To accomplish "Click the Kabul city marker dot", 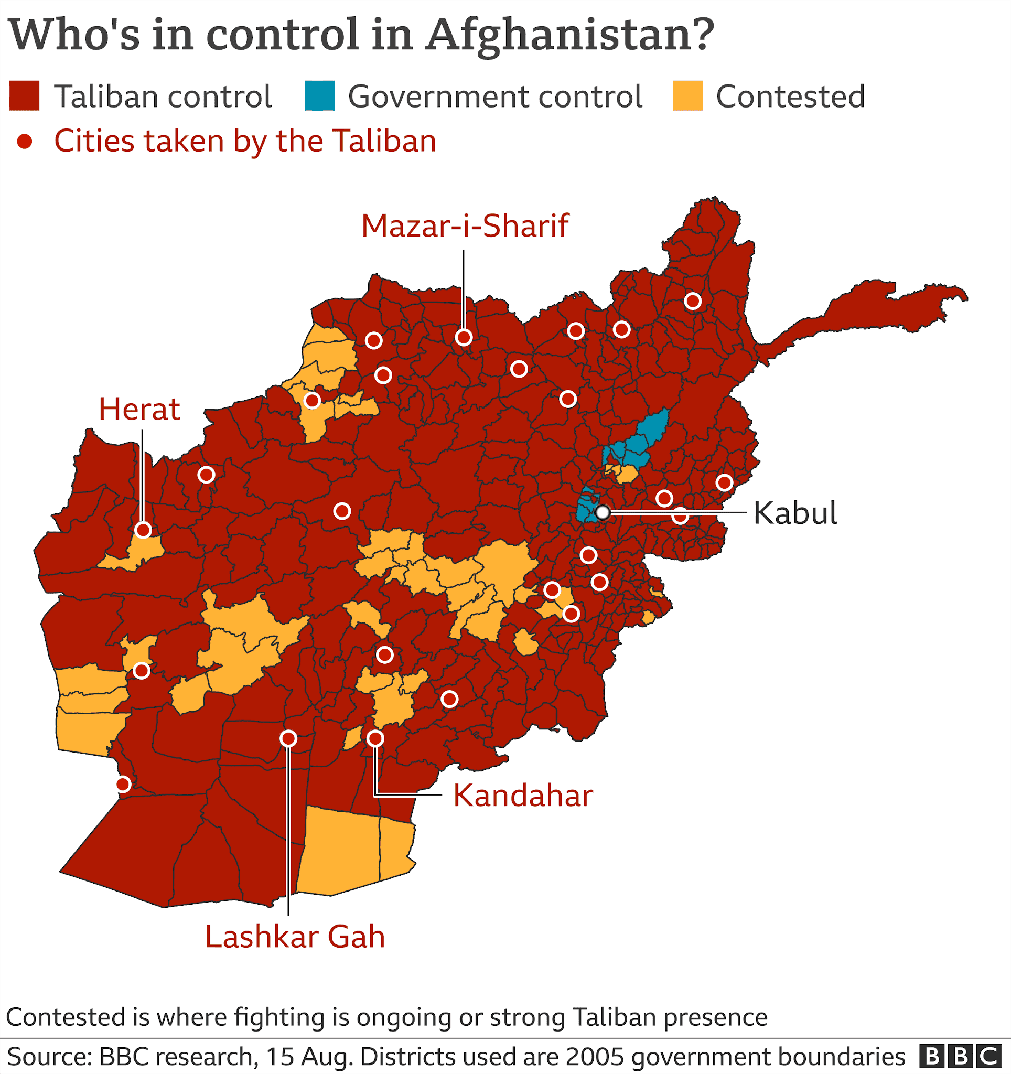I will [603, 512].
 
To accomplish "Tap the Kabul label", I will [795, 513].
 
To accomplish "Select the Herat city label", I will [139, 410].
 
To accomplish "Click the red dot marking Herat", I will [143, 530].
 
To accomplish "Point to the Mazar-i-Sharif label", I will [465, 226].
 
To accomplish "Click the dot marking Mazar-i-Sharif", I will [464, 338].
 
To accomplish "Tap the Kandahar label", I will [523, 796].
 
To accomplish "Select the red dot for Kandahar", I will [375, 738].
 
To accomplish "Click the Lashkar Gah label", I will [295, 937].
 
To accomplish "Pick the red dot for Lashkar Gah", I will [288, 738].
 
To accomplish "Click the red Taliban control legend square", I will [24, 96].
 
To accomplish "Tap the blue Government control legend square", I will [320, 96].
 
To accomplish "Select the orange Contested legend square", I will [687, 96].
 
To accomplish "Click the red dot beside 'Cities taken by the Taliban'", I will [24, 142].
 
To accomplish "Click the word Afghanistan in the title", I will [570, 35].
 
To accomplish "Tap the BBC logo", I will [960, 1056].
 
